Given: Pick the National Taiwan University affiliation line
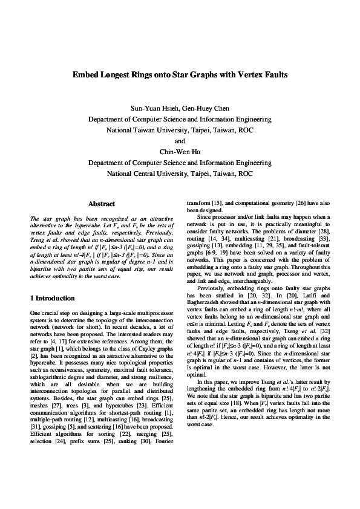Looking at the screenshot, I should [x=180, y=131].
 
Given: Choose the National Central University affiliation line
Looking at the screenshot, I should [x=180, y=174].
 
